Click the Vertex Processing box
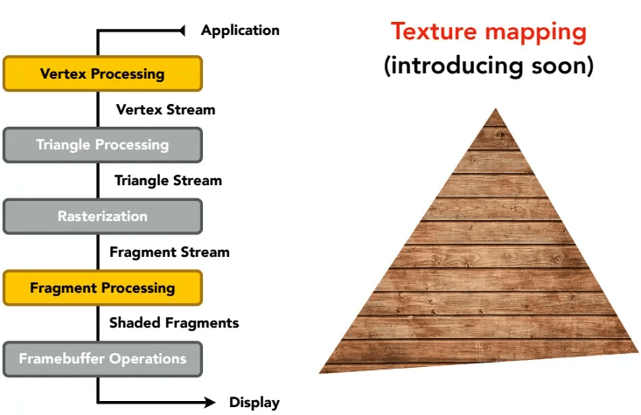pyautogui.click(x=102, y=73)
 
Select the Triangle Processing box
pyautogui.click(x=102, y=145)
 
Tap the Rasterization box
pyautogui.click(x=102, y=217)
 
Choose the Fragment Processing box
pyautogui.click(x=102, y=288)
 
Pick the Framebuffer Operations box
pyautogui.click(x=102, y=359)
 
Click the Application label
pyautogui.click(x=240, y=31)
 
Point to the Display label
pyautogui.click(x=254, y=403)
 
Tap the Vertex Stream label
pyautogui.click(x=165, y=109)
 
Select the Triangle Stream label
pyautogui.click(x=168, y=181)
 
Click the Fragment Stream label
pyautogui.click(x=170, y=252)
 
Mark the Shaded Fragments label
pyautogui.click(x=174, y=323)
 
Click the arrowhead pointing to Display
pyautogui.click(x=210, y=403)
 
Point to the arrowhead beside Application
pyautogui.click(x=182, y=31)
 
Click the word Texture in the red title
pyautogui.click(x=434, y=31)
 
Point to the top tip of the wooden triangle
pyautogui.click(x=496, y=108)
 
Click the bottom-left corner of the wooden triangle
pyautogui.click(x=319, y=373)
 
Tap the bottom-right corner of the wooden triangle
pyautogui.click(x=638, y=352)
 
